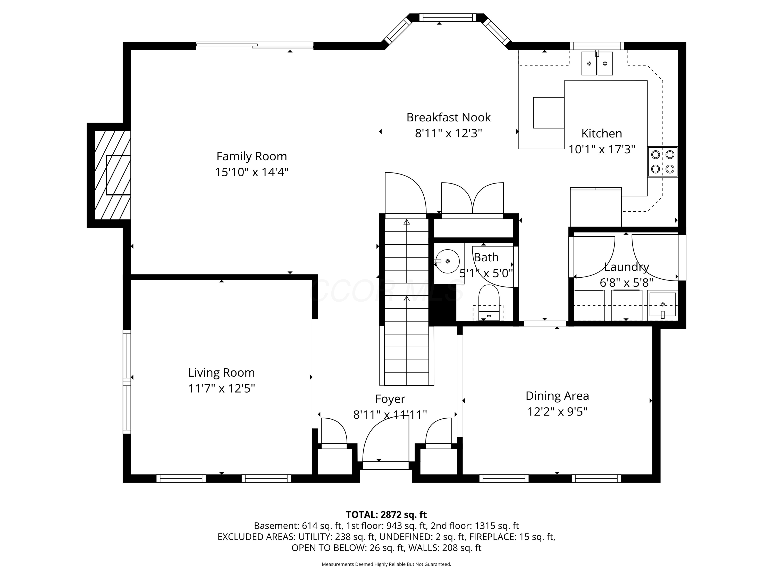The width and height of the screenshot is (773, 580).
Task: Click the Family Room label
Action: click(251, 156)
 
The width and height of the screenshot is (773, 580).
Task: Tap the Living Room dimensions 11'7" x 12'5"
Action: click(222, 388)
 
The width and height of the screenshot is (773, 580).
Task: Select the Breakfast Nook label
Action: click(448, 118)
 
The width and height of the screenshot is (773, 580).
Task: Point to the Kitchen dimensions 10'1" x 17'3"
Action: click(601, 149)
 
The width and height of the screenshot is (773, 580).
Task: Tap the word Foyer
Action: click(390, 399)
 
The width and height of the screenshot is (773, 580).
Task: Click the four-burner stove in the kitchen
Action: click(662, 162)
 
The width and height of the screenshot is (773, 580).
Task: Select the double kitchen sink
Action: click(597, 63)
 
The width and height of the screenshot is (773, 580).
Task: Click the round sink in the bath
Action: click(447, 261)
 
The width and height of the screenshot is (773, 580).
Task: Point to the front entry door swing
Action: click(386, 440)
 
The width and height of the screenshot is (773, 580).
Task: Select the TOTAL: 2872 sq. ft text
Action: click(386, 514)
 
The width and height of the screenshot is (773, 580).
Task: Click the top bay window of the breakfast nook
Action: click(447, 18)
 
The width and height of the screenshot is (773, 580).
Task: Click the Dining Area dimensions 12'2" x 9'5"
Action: click(557, 412)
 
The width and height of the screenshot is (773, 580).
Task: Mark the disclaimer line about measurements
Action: click(386, 564)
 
